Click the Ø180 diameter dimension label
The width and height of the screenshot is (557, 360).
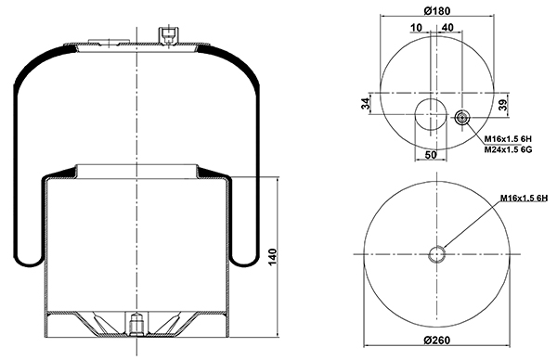coord(437,11)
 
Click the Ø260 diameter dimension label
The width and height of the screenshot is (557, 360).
coord(437,341)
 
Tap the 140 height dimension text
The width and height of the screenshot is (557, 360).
coord(272,257)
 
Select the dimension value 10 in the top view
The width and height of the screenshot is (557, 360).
coord(416,27)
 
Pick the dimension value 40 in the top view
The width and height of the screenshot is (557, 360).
coord(448,27)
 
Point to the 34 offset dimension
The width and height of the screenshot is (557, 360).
coord(366,104)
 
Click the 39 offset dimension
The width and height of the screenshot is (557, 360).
coord(503,105)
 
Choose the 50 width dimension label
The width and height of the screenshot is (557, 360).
coord(431,155)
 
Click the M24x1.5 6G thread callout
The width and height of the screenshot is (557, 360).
coord(508,149)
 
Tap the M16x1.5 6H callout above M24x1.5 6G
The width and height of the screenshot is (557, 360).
coord(508,139)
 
